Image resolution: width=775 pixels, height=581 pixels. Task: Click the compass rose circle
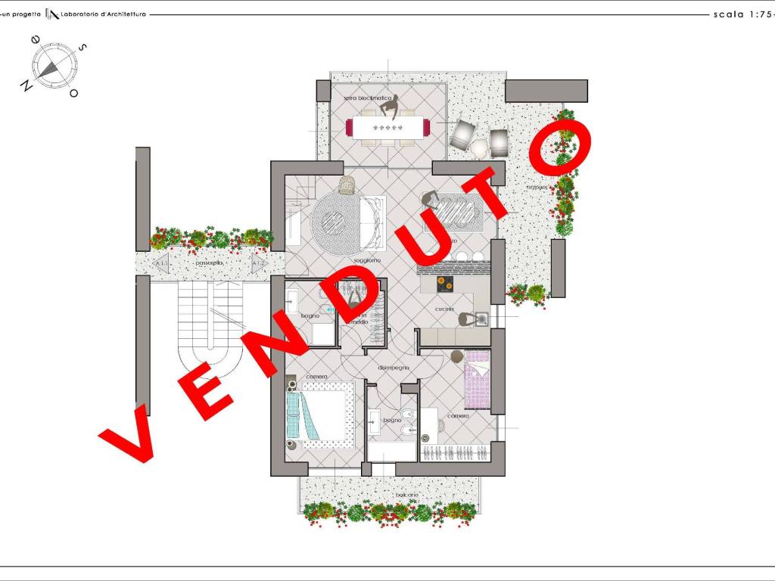tap(51, 65)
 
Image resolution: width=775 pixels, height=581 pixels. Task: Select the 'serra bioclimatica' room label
tap(368, 98)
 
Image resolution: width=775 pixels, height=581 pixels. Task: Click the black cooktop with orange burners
tap(444, 284)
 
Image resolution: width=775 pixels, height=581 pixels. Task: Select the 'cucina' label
tap(444, 309)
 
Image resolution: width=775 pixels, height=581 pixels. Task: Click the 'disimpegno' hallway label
tap(394, 367)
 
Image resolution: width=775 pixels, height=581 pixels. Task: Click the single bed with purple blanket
tap(478, 377)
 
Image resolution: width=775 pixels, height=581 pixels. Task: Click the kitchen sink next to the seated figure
tap(481, 318)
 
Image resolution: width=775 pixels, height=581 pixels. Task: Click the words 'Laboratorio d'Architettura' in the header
tap(108, 14)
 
